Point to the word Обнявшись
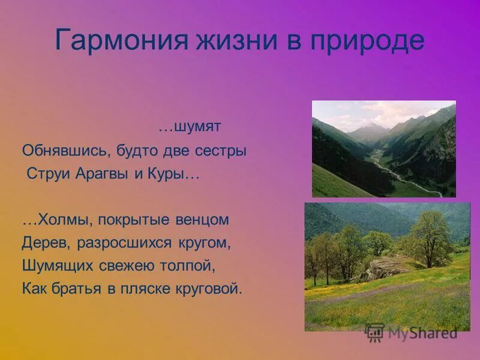coord(65,151)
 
